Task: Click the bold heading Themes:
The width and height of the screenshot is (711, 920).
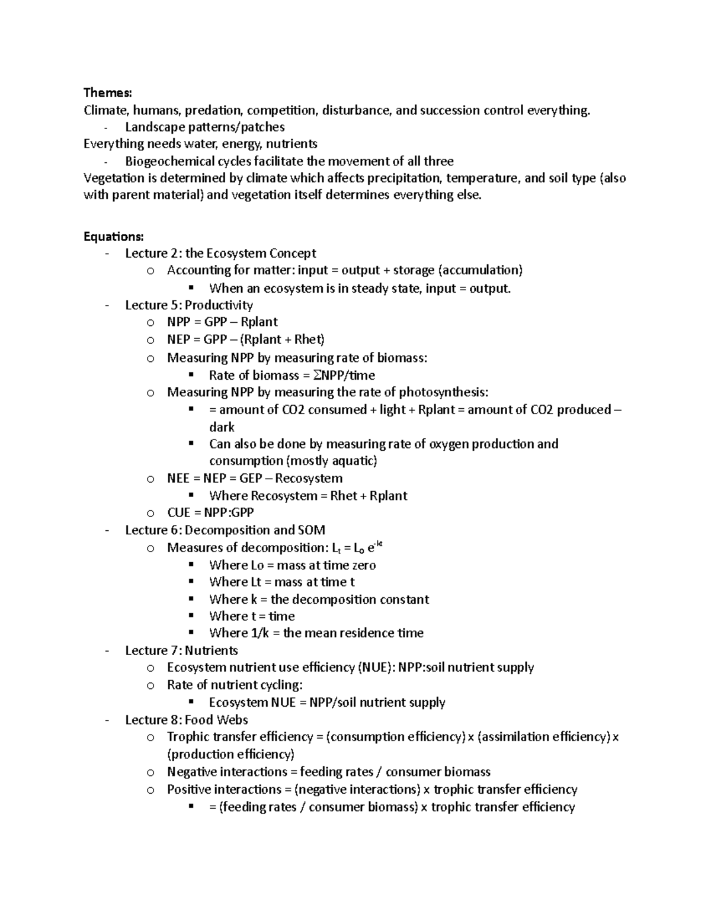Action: [x=108, y=92]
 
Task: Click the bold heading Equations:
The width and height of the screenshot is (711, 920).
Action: [x=113, y=236]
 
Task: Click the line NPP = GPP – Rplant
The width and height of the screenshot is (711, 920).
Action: [x=222, y=322]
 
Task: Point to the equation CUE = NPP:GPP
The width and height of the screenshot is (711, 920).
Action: [x=210, y=512]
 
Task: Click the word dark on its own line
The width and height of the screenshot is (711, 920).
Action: [x=222, y=427]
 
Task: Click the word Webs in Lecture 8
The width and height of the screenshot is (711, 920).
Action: [x=232, y=720]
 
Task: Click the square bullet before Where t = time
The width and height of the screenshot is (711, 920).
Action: [x=191, y=616]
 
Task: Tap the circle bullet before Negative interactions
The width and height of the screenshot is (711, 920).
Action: [x=150, y=772]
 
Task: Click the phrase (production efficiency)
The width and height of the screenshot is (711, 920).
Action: [x=230, y=754]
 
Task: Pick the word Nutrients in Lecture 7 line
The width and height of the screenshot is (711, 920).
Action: [x=212, y=650]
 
